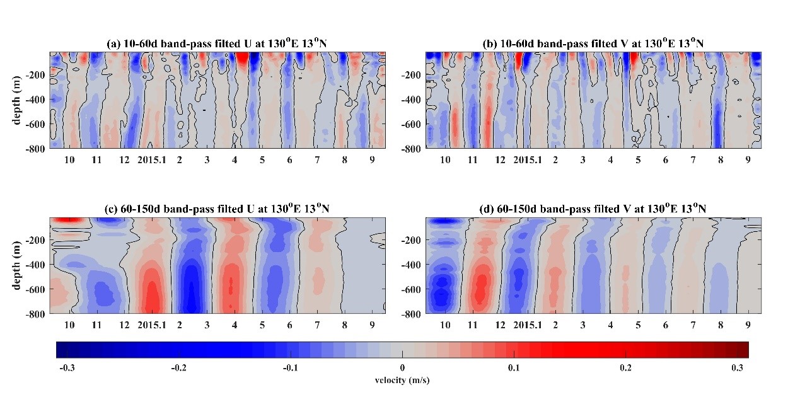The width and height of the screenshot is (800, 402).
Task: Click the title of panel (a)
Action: click(x=217, y=43)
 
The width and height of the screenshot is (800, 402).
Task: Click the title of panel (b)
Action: click(x=593, y=43)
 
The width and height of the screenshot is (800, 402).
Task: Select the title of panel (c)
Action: click(x=217, y=209)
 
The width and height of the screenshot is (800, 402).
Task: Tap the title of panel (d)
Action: click(x=593, y=209)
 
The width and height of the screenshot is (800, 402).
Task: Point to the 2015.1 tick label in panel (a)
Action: click(x=151, y=160)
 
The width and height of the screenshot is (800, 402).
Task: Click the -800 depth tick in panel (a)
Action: click(x=35, y=149)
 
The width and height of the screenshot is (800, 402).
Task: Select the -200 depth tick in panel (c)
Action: click(x=35, y=240)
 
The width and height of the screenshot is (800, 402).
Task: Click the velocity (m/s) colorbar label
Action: click(x=402, y=381)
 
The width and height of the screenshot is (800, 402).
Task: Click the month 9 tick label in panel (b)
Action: click(x=748, y=160)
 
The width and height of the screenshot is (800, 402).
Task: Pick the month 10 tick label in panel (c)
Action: click(x=69, y=325)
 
